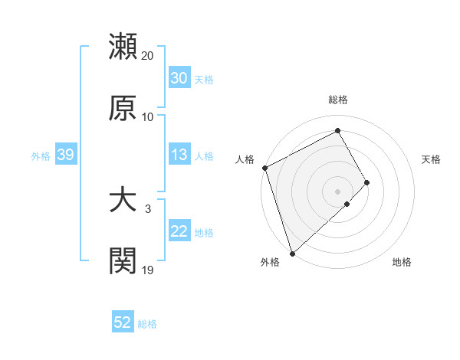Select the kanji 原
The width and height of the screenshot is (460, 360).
coord(123,108)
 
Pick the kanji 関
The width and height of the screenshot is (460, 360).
coord(123,260)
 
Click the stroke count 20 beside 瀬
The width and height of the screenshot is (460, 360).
coord(148,55)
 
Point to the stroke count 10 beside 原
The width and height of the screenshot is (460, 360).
coord(148,117)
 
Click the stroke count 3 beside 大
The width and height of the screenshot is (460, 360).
coord(148,208)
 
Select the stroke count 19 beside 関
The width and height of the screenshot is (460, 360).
coord(148,270)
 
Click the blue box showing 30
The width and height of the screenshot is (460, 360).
coord(179,78)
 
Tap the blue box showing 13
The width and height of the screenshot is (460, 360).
coord(179,155)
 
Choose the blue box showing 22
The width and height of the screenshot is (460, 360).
coord(179,231)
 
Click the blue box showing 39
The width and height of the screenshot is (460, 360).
coord(65,155)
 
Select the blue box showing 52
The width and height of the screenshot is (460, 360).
coord(123,322)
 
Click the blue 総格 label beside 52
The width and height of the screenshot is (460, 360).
coord(147,324)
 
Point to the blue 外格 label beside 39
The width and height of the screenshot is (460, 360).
coord(41,156)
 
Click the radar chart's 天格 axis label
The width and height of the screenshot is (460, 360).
coord(431,159)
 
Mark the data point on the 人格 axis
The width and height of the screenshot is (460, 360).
coord(264,168)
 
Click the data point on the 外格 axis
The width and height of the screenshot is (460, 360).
coord(292,253)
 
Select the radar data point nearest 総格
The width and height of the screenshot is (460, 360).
coord(337,131)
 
